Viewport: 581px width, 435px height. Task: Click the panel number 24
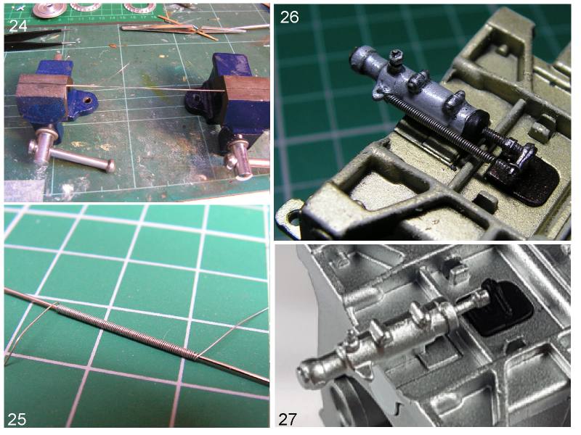17,25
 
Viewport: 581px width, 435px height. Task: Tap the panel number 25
17,419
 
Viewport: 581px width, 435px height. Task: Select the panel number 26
289,17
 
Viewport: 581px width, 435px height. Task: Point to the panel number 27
288,420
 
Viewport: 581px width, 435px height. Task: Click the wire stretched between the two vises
145,87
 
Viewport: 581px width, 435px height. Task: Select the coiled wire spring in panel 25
126,330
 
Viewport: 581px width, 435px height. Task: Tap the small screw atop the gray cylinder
397,57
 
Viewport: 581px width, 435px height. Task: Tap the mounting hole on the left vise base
88,100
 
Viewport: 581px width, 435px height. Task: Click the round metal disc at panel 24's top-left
49,9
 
